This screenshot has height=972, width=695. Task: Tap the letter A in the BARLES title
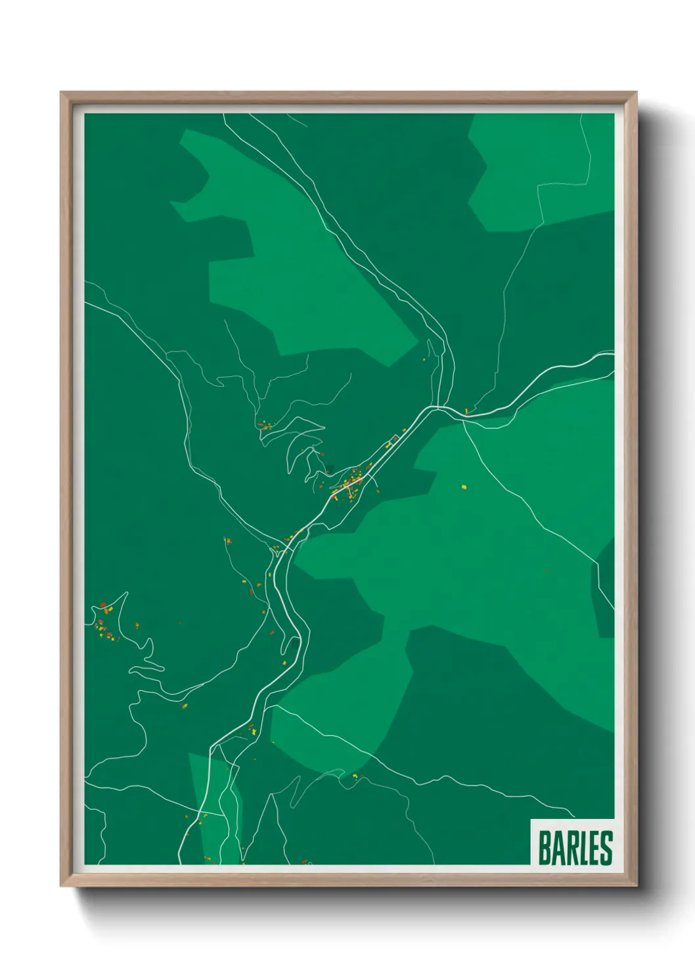point(559,848)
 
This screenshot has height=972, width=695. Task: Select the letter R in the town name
point(573,848)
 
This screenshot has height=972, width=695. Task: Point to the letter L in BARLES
point(585,848)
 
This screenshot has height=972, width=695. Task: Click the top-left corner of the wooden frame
point(62,93)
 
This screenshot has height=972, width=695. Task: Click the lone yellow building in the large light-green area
point(464,487)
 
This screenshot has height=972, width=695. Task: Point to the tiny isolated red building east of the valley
point(546,571)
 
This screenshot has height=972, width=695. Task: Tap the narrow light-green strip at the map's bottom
point(213,808)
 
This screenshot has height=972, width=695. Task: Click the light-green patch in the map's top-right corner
point(539,171)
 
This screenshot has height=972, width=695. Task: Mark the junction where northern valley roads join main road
point(439,407)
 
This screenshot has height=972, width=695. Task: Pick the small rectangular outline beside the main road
point(395,438)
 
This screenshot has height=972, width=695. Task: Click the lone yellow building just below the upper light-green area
point(424,359)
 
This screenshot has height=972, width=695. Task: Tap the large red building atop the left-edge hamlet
point(103,604)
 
